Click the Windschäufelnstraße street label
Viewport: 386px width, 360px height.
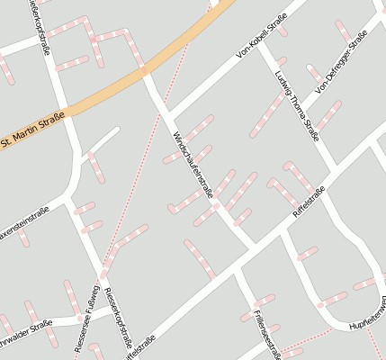point(191,165)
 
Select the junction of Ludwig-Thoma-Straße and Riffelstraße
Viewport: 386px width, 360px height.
point(335,165)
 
